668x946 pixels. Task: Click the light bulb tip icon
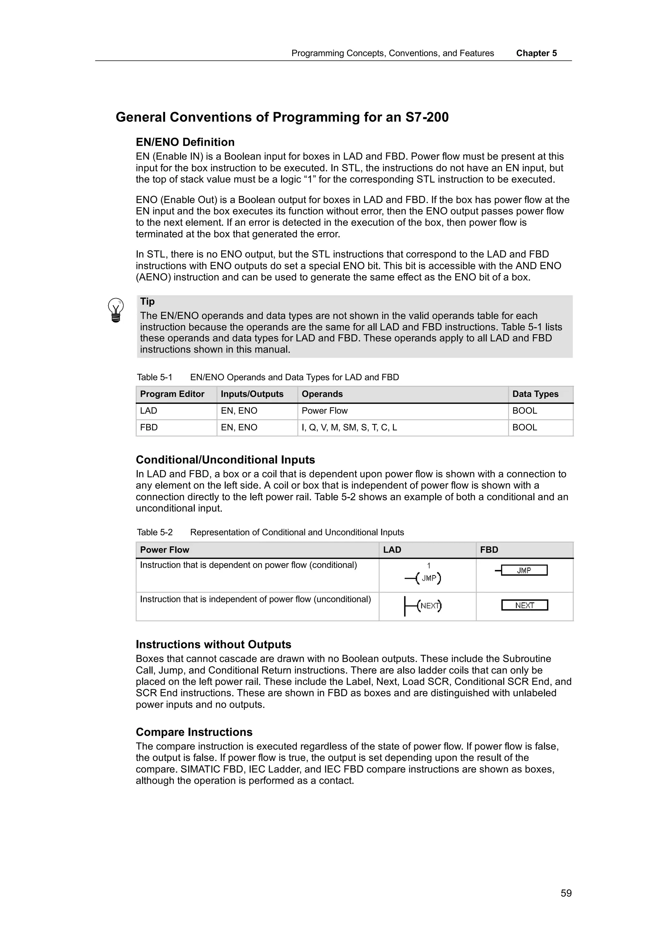(x=116, y=310)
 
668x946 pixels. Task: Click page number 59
(x=566, y=893)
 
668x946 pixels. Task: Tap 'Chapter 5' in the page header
(x=536, y=53)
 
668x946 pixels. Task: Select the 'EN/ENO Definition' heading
(x=185, y=142)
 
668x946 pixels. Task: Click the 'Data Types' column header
(x=535, y=394)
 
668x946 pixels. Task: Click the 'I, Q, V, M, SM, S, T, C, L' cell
(x=349, y=428)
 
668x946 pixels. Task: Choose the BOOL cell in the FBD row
(x=524, y=428)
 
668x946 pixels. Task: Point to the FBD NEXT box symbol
(x=524, y=605)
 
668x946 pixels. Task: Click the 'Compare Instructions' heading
(x=194, y=732)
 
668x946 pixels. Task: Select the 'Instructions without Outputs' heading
(x=213, y=644)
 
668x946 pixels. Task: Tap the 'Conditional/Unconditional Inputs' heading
(x=225, y=460)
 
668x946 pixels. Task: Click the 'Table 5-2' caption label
(x=155, y=532)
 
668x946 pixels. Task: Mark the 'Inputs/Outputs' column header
(x=252, y=394)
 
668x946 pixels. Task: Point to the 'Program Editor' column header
(x=172, y=394)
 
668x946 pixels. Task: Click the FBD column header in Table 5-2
(x=489, y=550)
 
